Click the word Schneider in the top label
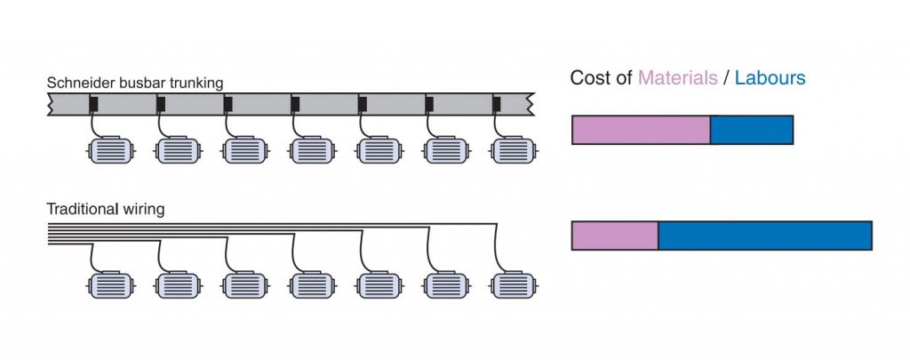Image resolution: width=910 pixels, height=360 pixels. pos(77,83)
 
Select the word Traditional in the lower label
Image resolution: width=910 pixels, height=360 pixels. pos(84,210)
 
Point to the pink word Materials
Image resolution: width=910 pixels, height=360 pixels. pos(677,78)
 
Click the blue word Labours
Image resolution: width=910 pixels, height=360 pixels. pos(770,78)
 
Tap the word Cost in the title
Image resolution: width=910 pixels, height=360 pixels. pos(589,78)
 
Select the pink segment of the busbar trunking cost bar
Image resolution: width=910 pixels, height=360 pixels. pos(641,130)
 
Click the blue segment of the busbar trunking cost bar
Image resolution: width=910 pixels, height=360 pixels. pos(751,130)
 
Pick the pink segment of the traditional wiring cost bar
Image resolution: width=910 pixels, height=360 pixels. pos(614,236)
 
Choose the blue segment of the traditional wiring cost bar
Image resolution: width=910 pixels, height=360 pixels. pos(764,236)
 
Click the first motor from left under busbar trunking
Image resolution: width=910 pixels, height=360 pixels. pos(111,151)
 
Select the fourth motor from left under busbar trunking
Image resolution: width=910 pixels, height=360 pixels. pos(313,151)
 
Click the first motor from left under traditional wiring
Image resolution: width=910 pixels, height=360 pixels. pos(111,285)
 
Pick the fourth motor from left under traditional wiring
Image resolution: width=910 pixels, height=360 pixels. pos(313,285)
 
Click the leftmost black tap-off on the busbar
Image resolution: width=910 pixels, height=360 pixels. pos(93,105)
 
